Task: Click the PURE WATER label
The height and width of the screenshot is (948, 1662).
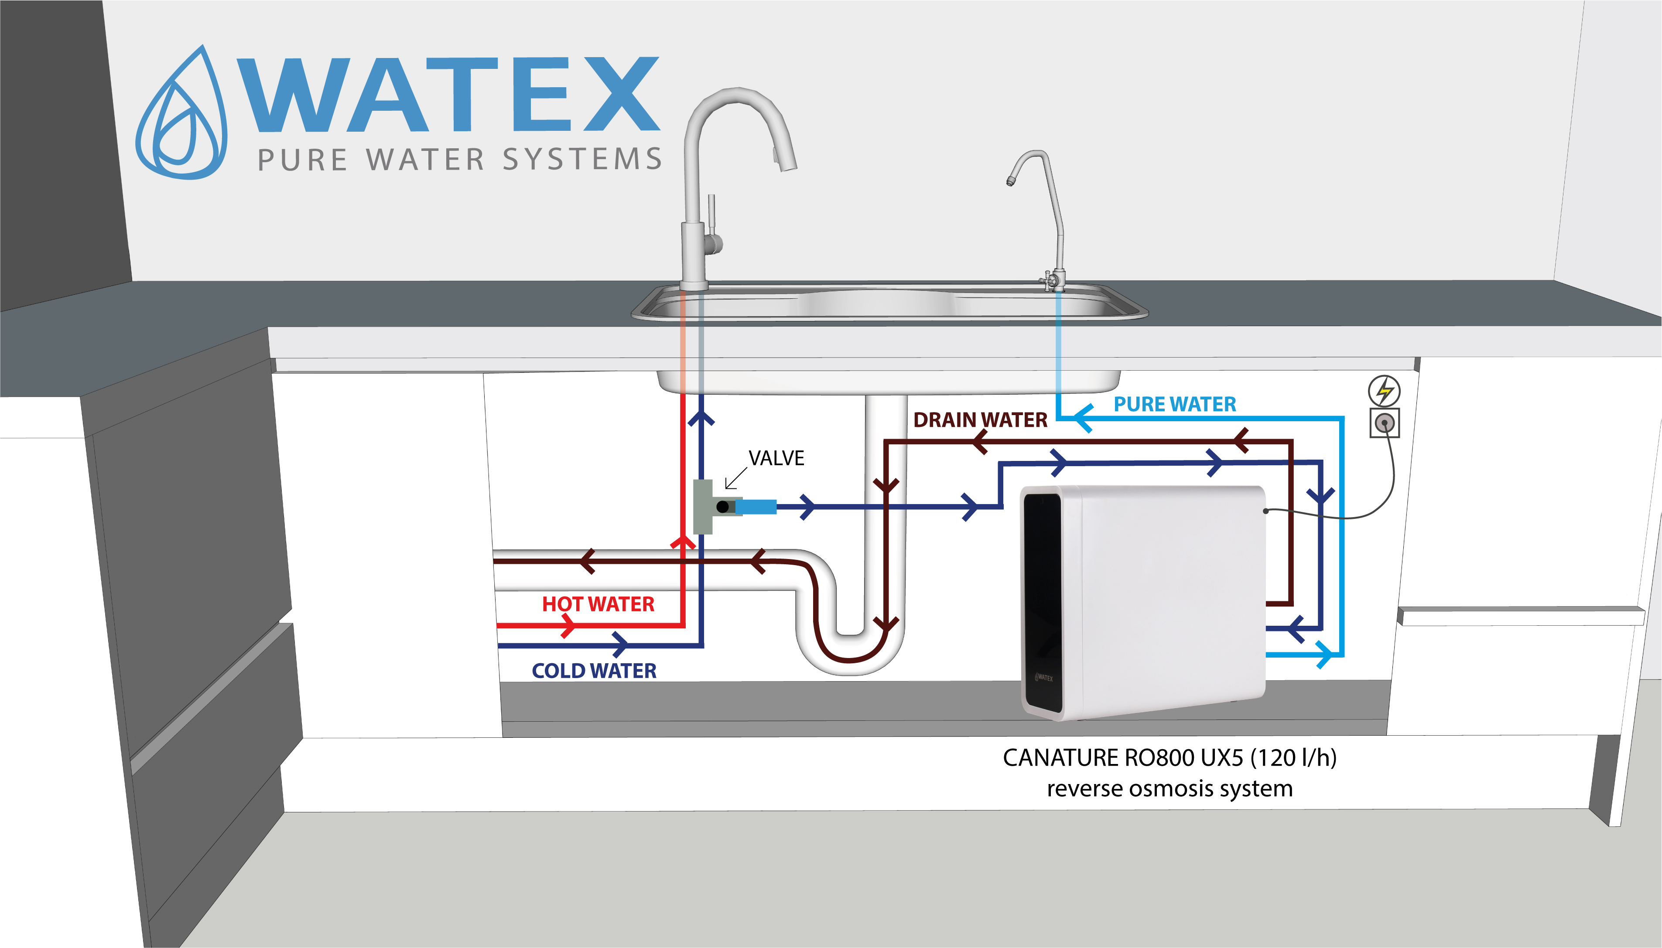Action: click(1174, 404)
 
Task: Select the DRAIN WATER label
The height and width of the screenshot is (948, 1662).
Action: click(980, 420)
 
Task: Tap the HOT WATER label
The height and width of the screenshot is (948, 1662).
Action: click(598, 604)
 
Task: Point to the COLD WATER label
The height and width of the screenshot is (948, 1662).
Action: click(594, 671)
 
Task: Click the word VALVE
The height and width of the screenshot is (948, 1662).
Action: click(776, 458)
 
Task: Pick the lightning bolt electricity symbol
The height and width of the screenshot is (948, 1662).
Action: click(1384, 391)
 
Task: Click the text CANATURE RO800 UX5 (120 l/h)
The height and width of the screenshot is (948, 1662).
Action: click(1169, 758)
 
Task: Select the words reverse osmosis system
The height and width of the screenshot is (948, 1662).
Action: click(1169, 788)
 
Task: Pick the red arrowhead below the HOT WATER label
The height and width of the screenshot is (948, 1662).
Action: click(568, 626)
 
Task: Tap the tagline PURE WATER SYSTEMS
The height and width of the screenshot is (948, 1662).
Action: click(460, 160)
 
